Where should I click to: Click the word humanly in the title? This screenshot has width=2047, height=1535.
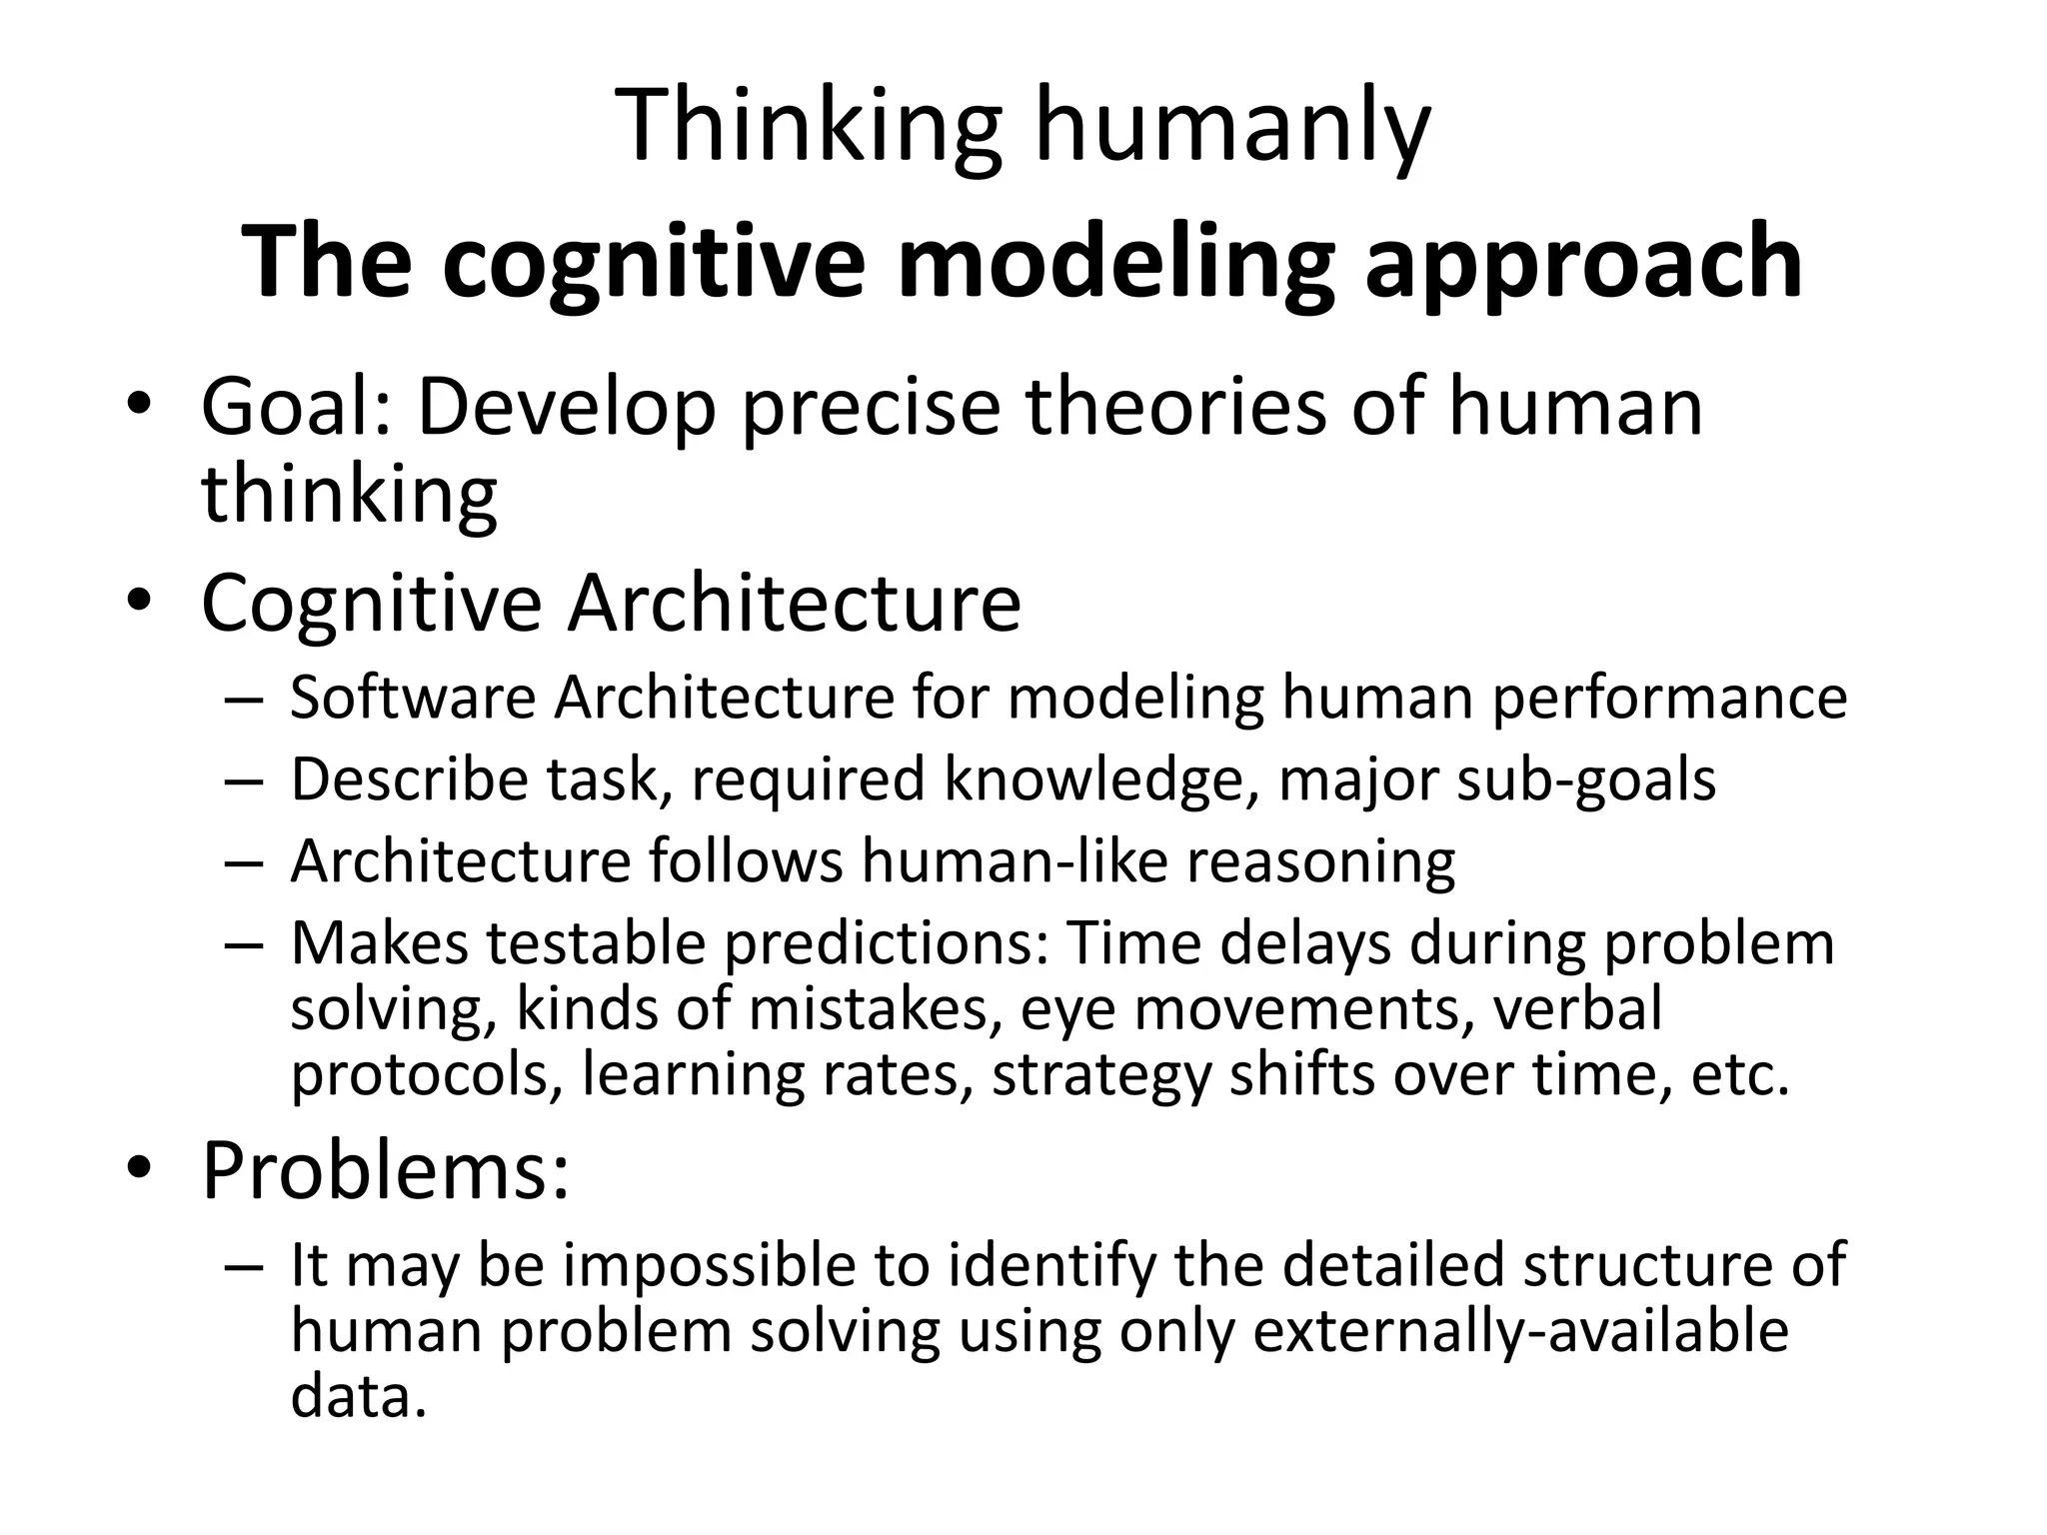click(x=1231, y=127)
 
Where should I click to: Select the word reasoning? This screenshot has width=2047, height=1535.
click(x=1320, y=860)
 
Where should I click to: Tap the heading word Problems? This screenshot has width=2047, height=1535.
click(x=386, y=1170)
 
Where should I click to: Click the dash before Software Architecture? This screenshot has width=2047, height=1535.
click(x=244, y=699)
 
